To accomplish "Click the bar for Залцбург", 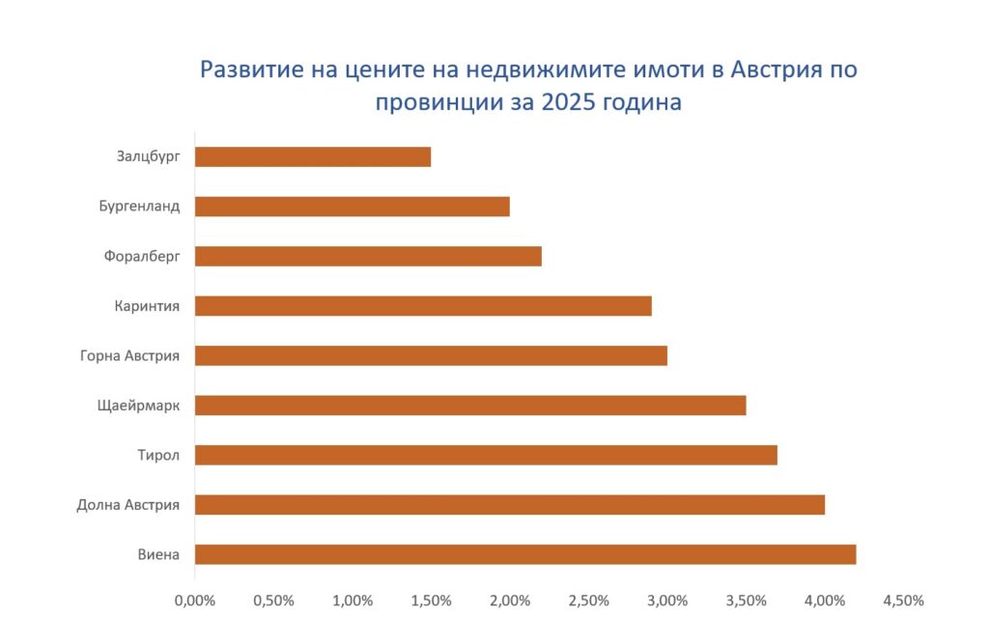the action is point(313,157).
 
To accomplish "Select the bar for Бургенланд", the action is point(352,207).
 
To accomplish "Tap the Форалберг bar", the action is point(368,257).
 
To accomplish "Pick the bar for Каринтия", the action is point(423,306).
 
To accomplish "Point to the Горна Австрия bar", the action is point(431,355).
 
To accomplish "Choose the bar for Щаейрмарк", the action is point(470,406).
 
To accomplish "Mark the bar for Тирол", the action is point(486,456).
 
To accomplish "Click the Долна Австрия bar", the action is point(510,505).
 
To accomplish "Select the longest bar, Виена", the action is point(525,554).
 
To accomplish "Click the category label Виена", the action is point(158,554).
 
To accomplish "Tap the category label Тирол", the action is point(158,456).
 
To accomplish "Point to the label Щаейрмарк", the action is point(138,406).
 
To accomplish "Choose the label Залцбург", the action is point(148,156).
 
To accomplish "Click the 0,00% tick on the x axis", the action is point(195,601).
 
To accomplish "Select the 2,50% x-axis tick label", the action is point(588,601).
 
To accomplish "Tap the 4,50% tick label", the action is point(903,601).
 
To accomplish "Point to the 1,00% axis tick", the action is point(353,601).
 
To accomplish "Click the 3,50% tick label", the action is point(747,601).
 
